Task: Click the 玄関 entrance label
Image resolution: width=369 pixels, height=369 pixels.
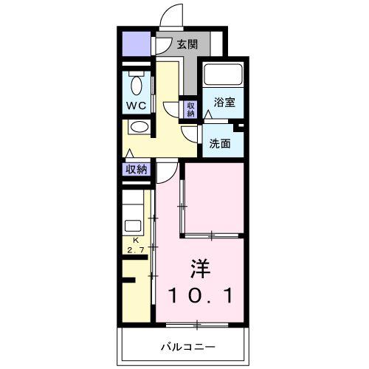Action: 187,44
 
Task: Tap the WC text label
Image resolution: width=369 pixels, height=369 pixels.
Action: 137,106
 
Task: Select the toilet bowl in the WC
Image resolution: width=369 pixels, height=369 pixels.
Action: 137,83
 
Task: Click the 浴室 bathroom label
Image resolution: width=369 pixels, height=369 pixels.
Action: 224,102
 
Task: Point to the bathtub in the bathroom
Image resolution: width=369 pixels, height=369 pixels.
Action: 223,75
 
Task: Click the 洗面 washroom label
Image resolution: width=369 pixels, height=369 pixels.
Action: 220,143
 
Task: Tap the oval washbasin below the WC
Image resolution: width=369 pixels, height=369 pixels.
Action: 139,127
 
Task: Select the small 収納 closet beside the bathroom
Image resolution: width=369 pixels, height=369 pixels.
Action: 191,109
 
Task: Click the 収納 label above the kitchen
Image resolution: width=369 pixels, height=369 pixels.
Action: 137,169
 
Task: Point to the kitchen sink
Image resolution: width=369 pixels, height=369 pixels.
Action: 133,226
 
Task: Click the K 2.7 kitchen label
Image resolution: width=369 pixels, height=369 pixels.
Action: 136,245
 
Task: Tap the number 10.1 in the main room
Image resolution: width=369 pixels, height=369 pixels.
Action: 201,296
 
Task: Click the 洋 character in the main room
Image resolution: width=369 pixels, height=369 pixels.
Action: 201,269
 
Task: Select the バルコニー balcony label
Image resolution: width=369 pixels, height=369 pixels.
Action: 188,347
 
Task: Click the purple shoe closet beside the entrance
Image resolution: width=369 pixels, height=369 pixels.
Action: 137,44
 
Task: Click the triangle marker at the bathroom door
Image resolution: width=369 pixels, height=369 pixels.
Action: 208,114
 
